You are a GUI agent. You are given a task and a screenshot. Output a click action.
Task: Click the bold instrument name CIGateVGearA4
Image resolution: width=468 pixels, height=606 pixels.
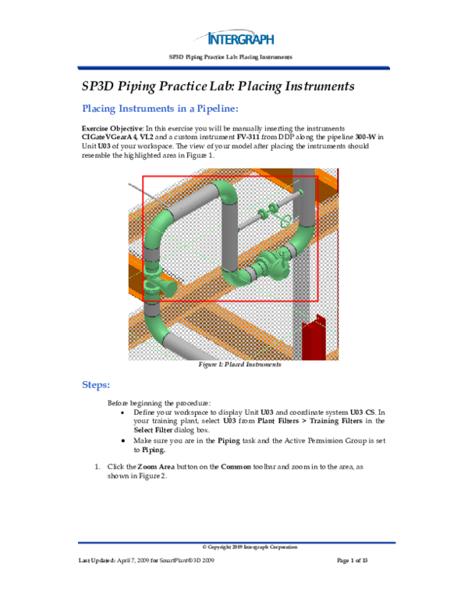pos(111,136)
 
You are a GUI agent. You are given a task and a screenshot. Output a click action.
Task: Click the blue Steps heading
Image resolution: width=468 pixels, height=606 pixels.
pos(101,385)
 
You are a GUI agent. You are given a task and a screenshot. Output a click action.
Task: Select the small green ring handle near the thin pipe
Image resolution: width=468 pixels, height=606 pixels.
pos(287,221)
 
